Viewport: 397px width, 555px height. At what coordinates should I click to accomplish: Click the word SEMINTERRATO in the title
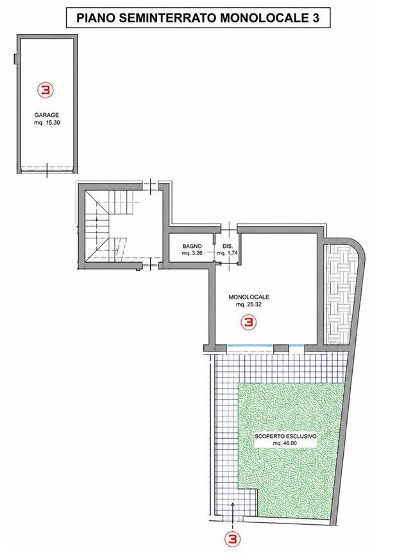pos(168,18)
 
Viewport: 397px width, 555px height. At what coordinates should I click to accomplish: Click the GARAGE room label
pos(46,115)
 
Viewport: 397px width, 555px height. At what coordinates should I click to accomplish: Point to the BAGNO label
pos(192,246)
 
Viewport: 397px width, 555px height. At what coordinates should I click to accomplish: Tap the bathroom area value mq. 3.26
pos(192,253)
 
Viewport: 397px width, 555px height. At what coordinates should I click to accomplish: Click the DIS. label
pos(227,246)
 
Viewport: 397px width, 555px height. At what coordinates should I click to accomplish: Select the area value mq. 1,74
pos(227,253)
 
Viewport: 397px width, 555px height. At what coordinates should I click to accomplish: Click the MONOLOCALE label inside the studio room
pos(249,297)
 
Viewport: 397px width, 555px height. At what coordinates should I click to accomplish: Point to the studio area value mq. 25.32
pos(249,304)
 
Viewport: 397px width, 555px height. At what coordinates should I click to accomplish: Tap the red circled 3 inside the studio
pos(248,322)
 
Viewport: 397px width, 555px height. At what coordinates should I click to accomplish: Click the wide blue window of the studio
pos(250,345)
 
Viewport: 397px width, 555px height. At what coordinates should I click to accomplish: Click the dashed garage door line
pos(47,167)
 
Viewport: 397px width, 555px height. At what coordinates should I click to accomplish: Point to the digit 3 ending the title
pos(315,18)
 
